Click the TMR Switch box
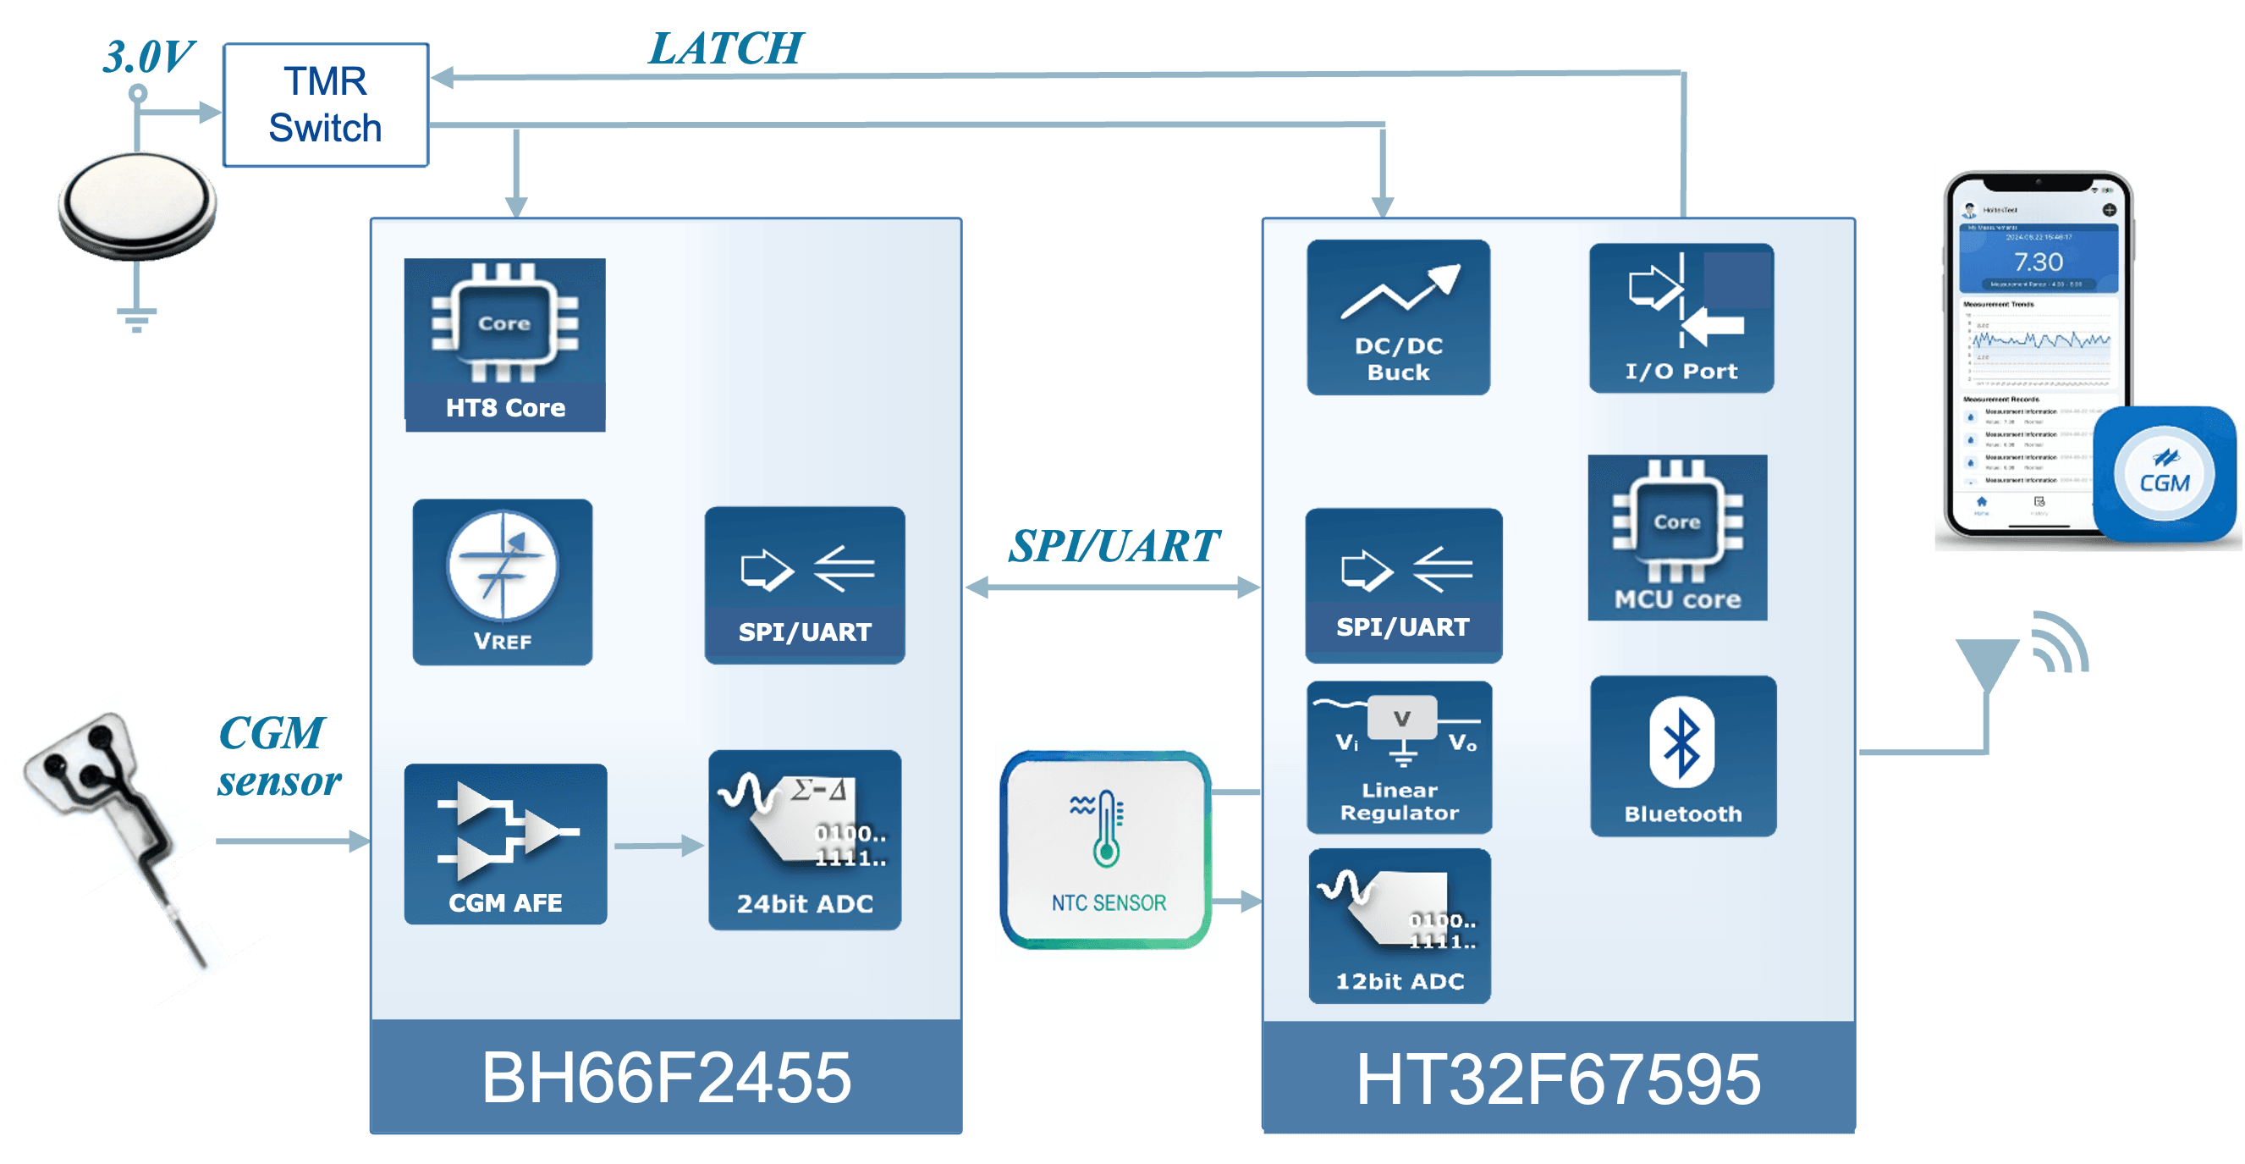tap(326, 105)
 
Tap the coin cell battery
tap(137, 205)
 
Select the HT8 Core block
tap(504, 345)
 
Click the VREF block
tap(503, 582)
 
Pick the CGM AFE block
tap(505, 844)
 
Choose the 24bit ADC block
tap(805, 840)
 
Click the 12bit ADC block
tap(1400, 926)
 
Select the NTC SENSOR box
tap(1107, 851)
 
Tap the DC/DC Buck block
tap(1398, 317)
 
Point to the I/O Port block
tap(1681, 318)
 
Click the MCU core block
tap(1677, 538)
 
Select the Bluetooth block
tap(1683, 756)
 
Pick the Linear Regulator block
tap(1400, 757)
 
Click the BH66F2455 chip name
tap(667, 1078)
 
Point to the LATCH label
tap(726, 49)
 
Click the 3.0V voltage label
tap(148, 58)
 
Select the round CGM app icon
tap(2165, 474)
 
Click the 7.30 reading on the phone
tap(2038, 262)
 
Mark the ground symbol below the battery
tap(137, 319)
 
